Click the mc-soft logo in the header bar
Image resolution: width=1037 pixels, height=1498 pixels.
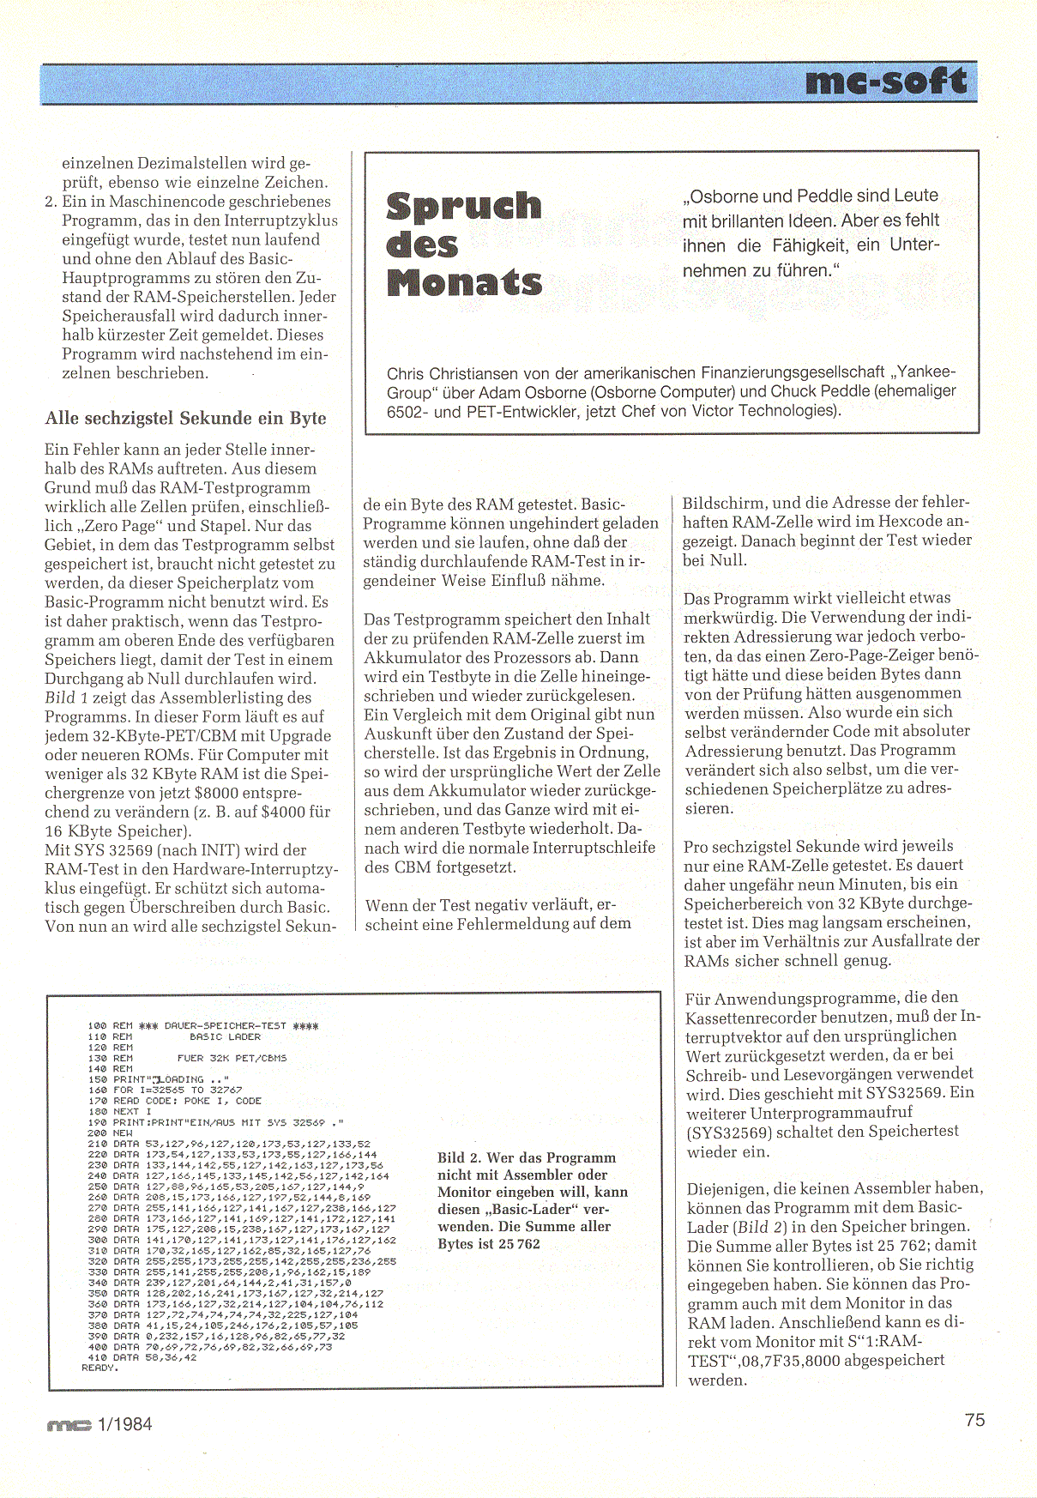(x=886, y=82)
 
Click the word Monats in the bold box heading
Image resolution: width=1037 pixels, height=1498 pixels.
(x=464, y=282)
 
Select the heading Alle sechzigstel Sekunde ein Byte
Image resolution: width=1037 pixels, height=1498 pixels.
(x=185, y=418)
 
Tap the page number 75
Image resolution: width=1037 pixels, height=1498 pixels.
(x=974, y=1420)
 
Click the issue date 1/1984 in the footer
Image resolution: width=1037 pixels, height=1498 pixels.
(x=125, y=1424)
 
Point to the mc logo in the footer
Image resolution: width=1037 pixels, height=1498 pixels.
(x=68, y=1426)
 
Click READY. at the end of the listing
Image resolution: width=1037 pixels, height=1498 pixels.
(x=99, y=1368)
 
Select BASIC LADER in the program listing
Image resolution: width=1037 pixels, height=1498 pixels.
(x=225, y=1036)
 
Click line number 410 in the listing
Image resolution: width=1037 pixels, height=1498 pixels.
(x=97, y=1357)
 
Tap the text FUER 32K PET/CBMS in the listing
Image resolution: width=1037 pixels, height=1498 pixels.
(x=232, y=1058)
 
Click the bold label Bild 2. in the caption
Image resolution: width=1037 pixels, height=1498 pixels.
(x=463, y=1157)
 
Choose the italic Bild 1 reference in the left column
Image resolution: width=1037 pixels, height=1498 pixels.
(x=63, y=698)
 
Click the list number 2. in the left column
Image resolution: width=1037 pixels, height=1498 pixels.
(x=51, y=202)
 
